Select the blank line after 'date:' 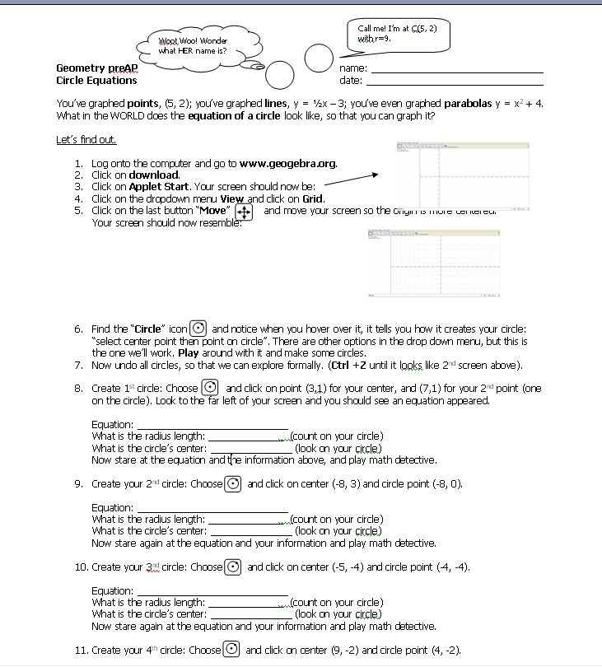click(454, 82)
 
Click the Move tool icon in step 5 click(244, 212)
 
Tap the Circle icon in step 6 click(198, 329)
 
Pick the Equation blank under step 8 click(212, 425)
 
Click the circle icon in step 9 click(234, 483)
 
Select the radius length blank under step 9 click(248, 520)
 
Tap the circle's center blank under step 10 click(250, 614)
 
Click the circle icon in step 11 click(233, 650)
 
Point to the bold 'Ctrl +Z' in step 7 click(352, 365)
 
